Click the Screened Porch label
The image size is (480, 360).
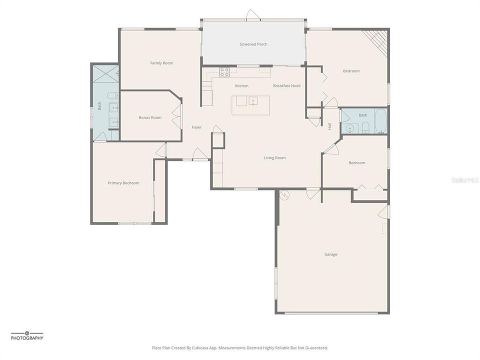(x=253, y=44)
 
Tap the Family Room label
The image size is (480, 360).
(x=161, y=63)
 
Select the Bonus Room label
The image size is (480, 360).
(x=150, y=117)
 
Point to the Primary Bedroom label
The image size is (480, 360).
(x=123, y=183)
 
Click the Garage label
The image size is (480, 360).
(x=330, y=254)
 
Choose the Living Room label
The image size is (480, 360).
(x=274, y=158)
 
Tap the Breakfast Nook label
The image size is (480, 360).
(x=286, y=86)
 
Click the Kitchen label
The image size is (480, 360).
(x=241, y=86)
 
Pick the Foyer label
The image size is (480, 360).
(x=196, y=127)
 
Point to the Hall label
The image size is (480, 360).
(x=329, y=126)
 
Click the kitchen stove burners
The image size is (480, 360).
(x=224, y=72)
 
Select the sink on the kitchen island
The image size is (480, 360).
(x=253, y=101)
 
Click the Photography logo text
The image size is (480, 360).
(x=27, y=338)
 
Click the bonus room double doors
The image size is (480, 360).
(x=176, y=116)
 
